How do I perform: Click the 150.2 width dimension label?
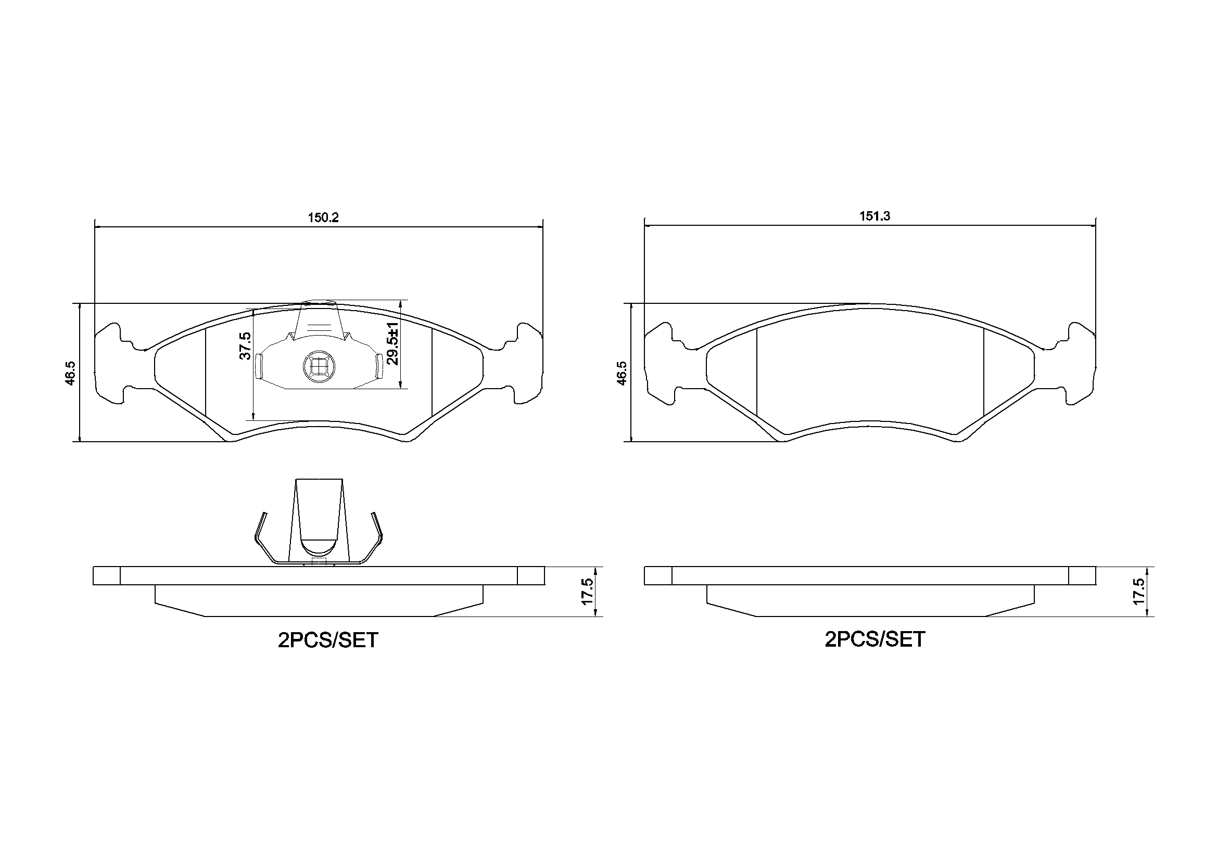tap(323, 218)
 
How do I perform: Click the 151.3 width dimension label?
tap(874, 216)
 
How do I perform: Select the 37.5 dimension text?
tap(245, 346)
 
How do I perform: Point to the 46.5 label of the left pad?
tap(71, 373)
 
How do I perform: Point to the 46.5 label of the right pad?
tap(622, 373)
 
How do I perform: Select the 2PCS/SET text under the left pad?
tap(328, 640)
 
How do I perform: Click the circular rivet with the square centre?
tap(318, 366)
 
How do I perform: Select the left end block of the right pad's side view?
tap(658, 576)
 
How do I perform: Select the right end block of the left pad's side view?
tap(530, 576)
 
